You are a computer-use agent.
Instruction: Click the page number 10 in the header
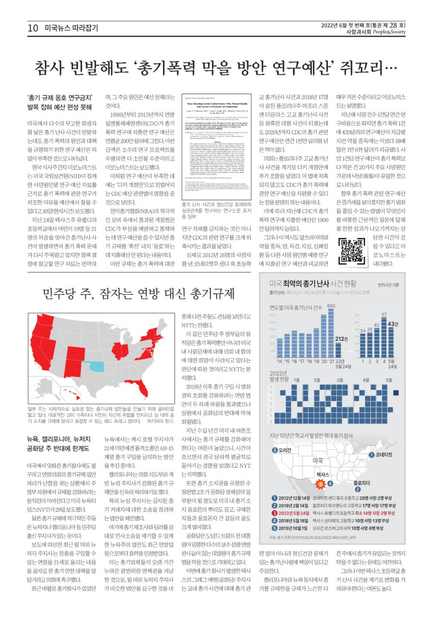(x=33, y=29)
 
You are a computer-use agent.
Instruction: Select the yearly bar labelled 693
(x=331, y=333)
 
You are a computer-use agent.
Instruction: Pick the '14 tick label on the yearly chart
(x=279, y=361)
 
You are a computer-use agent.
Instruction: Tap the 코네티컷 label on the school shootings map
(x=384, y=454)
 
